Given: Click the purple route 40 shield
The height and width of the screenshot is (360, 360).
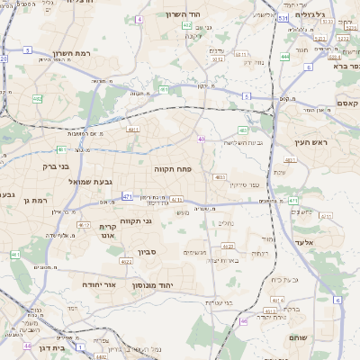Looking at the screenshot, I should (x=202, y=139).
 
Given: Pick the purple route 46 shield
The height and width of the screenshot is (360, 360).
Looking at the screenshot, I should (x=243, y=321).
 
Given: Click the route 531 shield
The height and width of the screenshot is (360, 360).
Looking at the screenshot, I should (x=283, y=17).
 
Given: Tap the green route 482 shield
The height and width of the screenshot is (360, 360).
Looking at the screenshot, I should (x=38, y=99).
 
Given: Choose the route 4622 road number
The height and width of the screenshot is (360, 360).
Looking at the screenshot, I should (x=126, y=261).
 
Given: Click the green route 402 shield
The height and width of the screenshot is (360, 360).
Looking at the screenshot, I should (x=187, y=26).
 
